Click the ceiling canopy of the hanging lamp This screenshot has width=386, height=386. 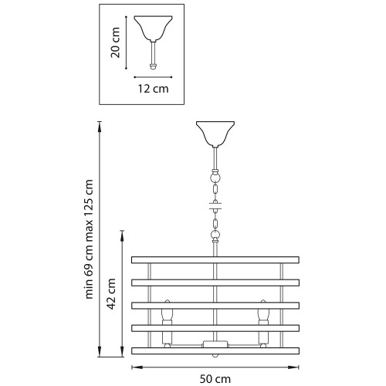[x=215, y=134]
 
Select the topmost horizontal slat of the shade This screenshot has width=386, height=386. [x=216, y=258]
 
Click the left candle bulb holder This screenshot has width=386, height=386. [x=166, y=318]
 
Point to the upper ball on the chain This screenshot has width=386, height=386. [x=216, y=175]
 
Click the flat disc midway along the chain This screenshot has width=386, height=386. [x=216, y=206]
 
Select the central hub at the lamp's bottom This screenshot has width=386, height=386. [x=216, y=344]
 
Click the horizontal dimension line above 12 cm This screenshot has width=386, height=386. [x=152, y=76]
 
